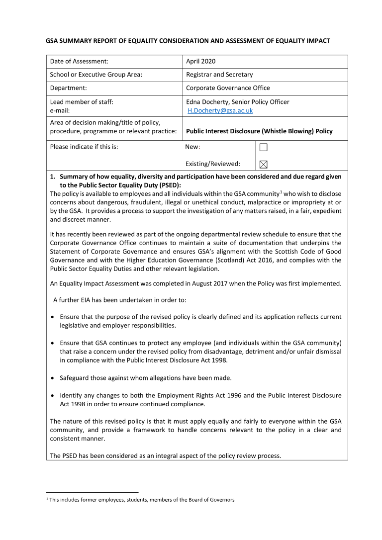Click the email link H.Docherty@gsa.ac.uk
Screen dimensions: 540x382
tap(220, 110)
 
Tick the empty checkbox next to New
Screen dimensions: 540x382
tap(264, 147)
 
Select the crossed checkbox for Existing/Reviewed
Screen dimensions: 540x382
tap(264, 164)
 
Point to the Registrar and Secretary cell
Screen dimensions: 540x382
tap(219, 75)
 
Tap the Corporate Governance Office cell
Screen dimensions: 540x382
tap(228, 88)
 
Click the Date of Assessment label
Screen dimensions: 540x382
tap(79, 61)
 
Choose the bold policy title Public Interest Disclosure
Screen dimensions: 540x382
tap(259, 131)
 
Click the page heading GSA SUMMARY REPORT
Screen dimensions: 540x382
tap(188, 41)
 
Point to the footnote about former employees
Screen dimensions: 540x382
tap(141, 500)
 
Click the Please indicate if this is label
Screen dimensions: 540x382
tap(84, 147)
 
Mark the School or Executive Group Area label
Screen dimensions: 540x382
tap(96, 75)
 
